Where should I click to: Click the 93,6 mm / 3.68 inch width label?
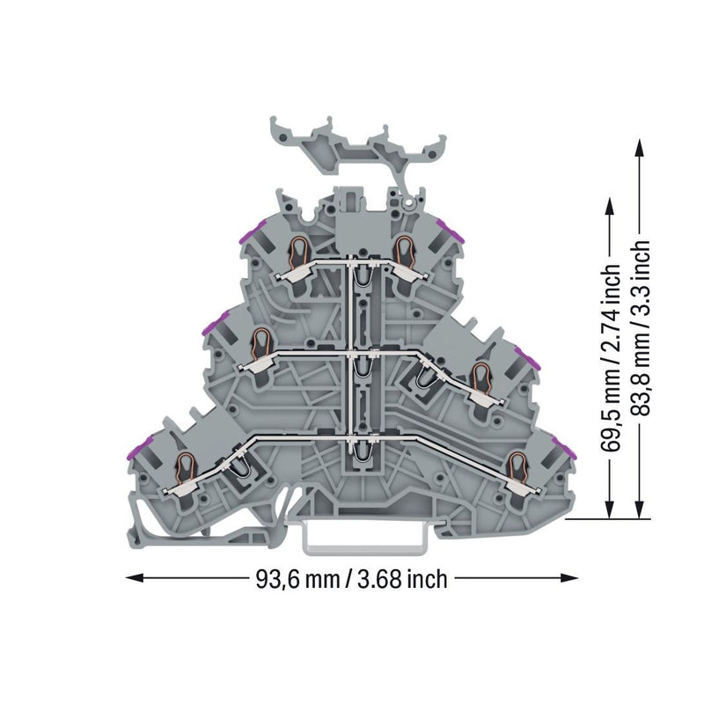coord(351,579)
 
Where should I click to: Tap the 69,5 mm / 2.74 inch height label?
coord(610,357)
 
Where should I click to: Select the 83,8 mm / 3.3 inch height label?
coord(640,328)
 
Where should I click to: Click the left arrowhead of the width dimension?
coord(135,578)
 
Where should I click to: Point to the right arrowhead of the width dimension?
coord(568,578)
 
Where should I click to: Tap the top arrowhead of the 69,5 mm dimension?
coord(609,209)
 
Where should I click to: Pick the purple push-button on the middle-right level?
coord(528,357)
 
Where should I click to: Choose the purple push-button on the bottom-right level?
coord(564,447)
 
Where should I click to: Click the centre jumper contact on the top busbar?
coord(364,278)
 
